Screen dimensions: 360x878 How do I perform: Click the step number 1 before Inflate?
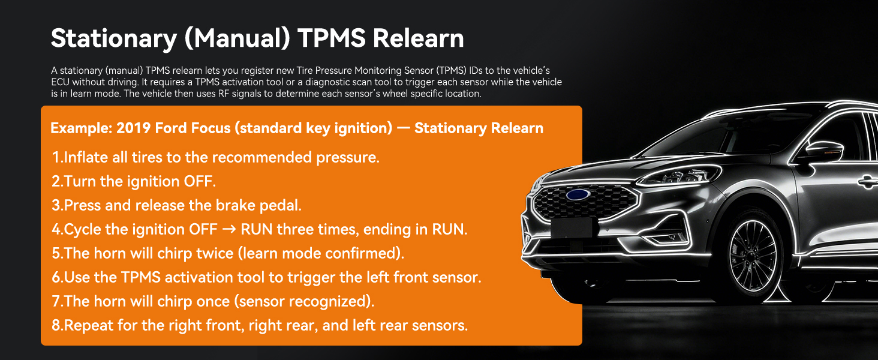pyautogui.click(x=56, y=157)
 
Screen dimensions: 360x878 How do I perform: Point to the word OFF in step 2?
pyautogui.click(x=197, y=181)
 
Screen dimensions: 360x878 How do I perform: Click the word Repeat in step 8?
pyautogui.click(x=85, y=325)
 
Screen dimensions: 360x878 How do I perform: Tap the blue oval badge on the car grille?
pyautogui.click(x=578, y=194)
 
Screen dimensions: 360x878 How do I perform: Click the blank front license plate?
pyautogui.click(x=573, y=228)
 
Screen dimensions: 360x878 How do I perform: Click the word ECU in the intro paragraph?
pyautogui.click(x=60, y=82)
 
